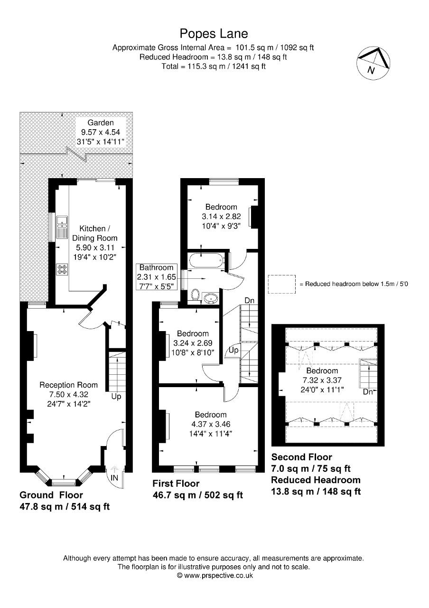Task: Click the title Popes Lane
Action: [214, 34]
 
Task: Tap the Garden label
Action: [101, 123]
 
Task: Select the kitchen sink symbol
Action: [62, 227]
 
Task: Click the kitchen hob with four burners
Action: [62, 269]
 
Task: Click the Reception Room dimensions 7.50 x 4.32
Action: [68, 394]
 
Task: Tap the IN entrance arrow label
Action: [114, 477]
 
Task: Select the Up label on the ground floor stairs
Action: [116, 396]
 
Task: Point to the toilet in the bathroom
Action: [195, 295]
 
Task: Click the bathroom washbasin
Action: [211, 298]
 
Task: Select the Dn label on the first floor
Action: [249, 301]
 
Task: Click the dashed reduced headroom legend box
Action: [281, 284]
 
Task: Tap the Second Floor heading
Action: [301, 457]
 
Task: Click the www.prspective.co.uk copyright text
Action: [214, 575]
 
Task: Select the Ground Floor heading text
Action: [51, 495]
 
